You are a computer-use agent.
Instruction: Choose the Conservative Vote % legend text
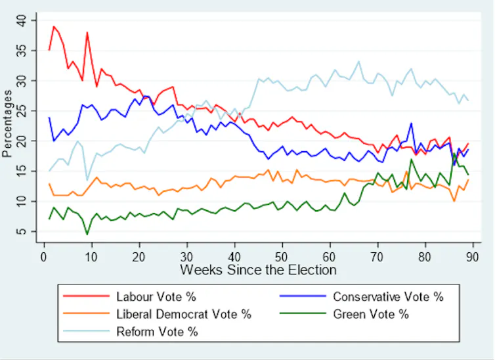[x=388, y=296]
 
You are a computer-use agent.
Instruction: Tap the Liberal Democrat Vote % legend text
[x=183, y=314]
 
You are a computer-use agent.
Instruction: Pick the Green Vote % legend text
[x=371, y=314]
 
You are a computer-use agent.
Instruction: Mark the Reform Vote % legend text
[x=156, y=332]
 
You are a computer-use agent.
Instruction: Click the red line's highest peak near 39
[x=54, y=27]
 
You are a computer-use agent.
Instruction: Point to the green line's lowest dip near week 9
[x=87, y=234]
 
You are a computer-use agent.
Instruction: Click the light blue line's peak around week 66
[x=358, y=62]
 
